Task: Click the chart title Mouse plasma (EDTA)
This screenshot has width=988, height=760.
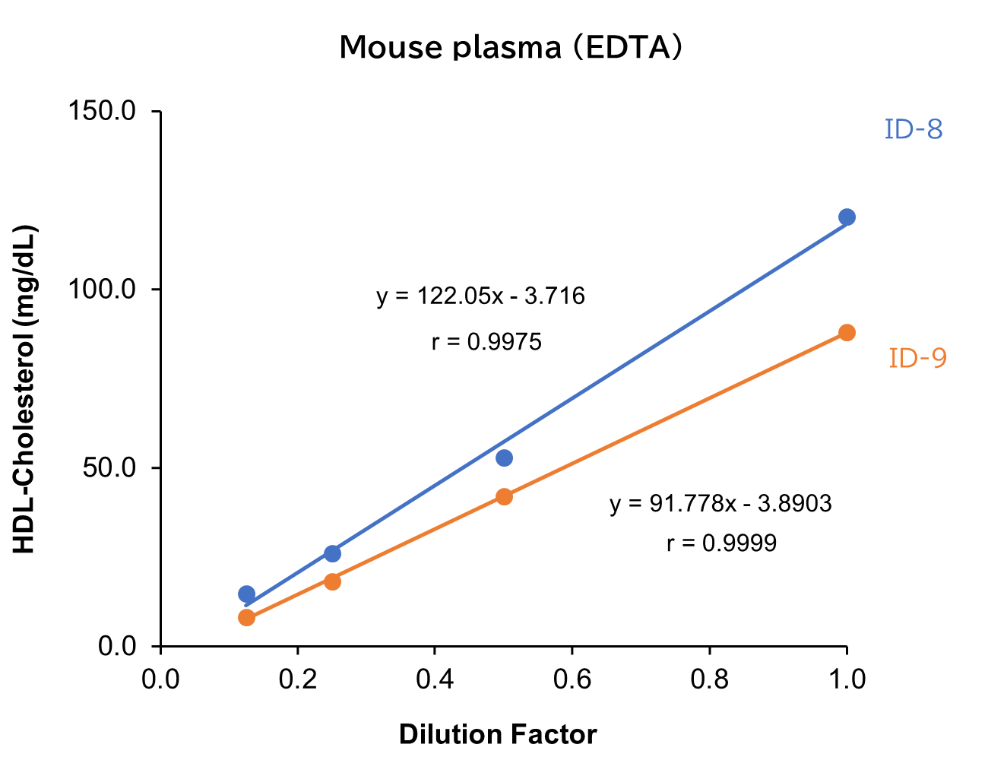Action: [511, 47]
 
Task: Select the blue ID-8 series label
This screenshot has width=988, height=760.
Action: [914, 130]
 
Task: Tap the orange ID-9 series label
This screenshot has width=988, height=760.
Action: [918, 358]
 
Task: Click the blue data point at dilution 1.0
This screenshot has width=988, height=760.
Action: [847, 217]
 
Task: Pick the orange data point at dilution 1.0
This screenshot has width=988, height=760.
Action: [847, 333]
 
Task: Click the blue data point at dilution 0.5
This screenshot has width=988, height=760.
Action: [504, 458]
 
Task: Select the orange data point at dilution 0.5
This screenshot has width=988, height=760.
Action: [504, 497]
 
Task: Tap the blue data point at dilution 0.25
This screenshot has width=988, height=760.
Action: [332, 553]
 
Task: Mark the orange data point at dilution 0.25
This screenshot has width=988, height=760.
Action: [332, 581]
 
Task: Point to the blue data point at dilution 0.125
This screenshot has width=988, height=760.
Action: [246, 594]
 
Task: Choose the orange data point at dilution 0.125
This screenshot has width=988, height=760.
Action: [246, 617]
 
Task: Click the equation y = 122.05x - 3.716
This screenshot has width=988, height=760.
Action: [481, 296]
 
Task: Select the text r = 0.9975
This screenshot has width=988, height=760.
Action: [486, 343]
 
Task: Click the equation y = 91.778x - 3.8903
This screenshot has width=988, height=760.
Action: [720, 504]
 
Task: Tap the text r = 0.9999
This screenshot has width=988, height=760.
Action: [721, 543]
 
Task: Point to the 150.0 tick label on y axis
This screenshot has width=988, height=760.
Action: [102, 112]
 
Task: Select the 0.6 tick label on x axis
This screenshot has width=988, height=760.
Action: [572, 679]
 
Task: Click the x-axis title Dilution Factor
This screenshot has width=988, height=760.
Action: [498, 735]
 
